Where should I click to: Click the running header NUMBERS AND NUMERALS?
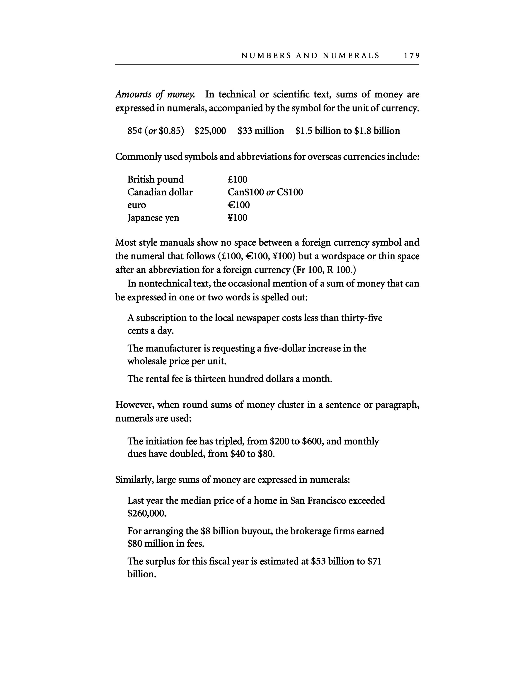pyautogui.click(x=310, y=56)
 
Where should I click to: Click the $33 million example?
pyautogui.click(x=261, y=131)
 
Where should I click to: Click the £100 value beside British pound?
pyautogui.click(x=237, y=180)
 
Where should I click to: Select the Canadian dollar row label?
pyautogui.click(x=160, y=192)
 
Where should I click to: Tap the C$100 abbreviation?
pyautogui.click(x=290, y=192)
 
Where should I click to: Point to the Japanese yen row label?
pyautogui.click(x=153, y=218)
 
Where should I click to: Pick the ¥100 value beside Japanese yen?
pyautogui.click(x=237, y=218)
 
